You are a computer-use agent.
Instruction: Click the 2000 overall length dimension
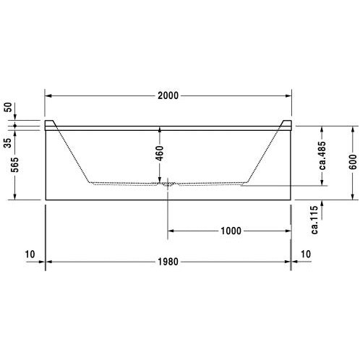[168, 95]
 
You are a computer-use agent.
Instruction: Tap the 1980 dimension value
[168, 262]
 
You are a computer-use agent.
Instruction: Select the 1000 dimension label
[231, 231]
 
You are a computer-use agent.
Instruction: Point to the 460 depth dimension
[160, 153]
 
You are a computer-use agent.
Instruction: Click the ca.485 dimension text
[322, 155]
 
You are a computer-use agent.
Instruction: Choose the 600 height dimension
[353, 162]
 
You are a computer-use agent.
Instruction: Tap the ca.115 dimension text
[314, 220]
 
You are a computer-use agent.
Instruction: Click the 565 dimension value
[14, 165]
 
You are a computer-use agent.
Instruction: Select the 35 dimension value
[8, 143]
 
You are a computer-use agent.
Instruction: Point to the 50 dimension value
[8, 107]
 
